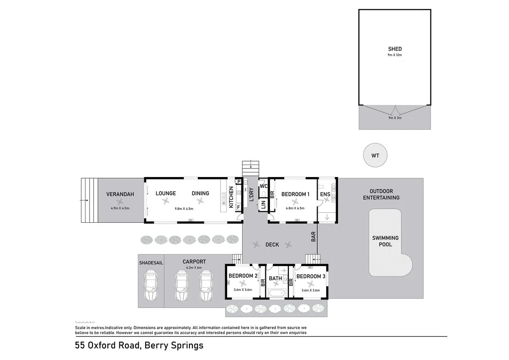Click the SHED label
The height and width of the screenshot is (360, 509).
click(x=395, y=49)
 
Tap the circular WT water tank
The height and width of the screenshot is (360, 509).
click(x=375, y=156)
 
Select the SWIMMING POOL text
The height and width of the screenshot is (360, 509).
click(x=385, y=241)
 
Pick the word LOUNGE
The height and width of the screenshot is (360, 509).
click(x=166, y=193)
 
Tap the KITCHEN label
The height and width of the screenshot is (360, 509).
click(x=231, y=196)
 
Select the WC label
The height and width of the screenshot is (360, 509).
click(x=263, y=186)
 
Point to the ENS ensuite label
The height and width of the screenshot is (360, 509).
click(x=325, y=194)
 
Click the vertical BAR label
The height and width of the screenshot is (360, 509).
click(x=314, y=237)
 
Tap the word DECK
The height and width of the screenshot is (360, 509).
click(x=272, y=244)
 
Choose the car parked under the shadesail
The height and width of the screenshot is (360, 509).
click(x=151, y=286)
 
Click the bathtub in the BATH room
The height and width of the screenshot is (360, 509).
click(x=276, y=293)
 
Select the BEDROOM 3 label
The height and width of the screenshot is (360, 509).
click(x=311, y=276)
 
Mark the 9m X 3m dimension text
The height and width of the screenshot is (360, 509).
click(x=394, y=118)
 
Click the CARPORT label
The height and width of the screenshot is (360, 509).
click(x=194, y=262)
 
